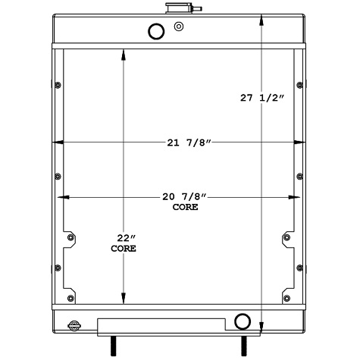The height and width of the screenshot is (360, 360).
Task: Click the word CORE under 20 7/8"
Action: pos(185,207)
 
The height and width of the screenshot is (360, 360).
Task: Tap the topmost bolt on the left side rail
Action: pos(58,83)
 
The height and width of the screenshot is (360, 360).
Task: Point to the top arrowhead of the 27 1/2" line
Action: pos(262,16)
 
